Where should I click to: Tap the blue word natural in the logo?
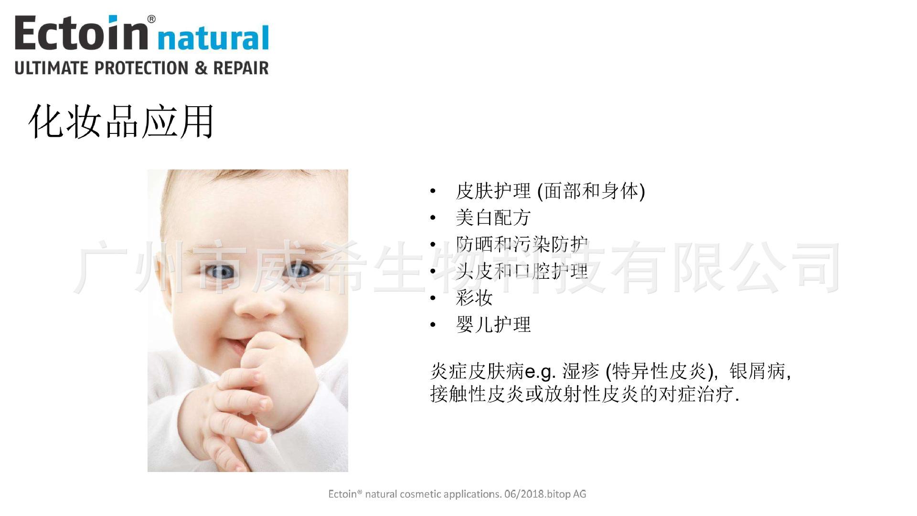click(213, 38)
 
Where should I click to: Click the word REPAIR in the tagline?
click(241, 67)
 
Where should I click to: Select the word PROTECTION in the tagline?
click(142, 67)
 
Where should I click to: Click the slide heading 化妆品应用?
click(121, 122)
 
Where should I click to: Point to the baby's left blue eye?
click(218, 272)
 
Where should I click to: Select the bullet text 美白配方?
click(493, 218)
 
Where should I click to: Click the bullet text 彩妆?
click(474, 298)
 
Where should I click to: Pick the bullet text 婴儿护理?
click(493, 325)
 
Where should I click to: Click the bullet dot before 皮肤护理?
click(433, 192)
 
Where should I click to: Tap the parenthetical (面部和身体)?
click(591, 191)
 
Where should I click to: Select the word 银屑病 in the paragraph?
click(757, 371)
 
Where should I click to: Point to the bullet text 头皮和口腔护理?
click(522, 271)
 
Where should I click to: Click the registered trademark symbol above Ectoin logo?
click(151, 19)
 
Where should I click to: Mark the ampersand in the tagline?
click(201, 67)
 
